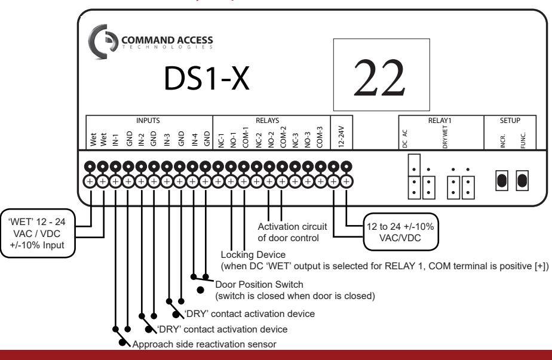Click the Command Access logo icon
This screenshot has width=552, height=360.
(x=102, y=42)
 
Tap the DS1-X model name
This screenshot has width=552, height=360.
(x=207, y=78)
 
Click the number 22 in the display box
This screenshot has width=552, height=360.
(x=379, y=78)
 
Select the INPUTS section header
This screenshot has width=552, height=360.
(x=148, y=121)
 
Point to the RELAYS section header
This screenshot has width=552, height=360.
(x=267, y=121)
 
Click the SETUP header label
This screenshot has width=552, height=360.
(x=510, y=121)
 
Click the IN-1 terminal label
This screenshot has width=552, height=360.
(x=115, y=140)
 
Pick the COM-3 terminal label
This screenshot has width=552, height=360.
(x=320, y=137)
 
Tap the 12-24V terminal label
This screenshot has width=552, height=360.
(x=341, y=136)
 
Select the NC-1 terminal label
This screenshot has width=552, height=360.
(x=221, y=140)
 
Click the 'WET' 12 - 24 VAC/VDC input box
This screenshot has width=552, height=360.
(x=37, y=233)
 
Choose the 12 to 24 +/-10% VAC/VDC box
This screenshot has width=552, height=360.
(x=400, y=232)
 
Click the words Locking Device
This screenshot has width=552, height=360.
(x=253, y=254)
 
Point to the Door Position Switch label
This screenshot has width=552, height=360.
(x=259, y=284)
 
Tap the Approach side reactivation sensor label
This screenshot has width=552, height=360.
(x=204, y=344)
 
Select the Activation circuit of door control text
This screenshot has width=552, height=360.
(x=292, y=232)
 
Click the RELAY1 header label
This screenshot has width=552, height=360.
(x=440, y=121)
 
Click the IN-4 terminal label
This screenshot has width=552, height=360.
(x=194, y=140)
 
